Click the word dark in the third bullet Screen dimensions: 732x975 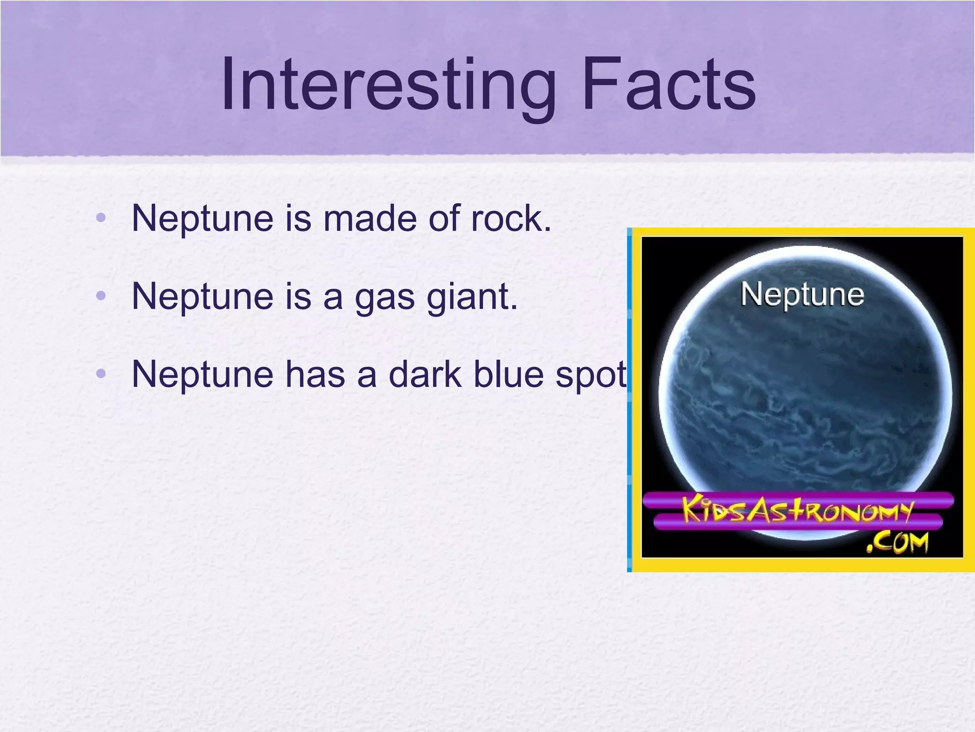tap(425, 375)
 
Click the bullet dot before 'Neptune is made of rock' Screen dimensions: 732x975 tap(100, 218)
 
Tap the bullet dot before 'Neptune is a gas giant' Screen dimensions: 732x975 tap(100, 296)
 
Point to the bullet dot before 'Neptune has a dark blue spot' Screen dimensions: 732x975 tap(100, 374)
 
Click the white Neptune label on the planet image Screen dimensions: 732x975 tap(802, 295)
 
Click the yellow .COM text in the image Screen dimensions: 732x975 tap(897, 542)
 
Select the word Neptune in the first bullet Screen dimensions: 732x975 tap(202, 219)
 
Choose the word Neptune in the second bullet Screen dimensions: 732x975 tap(202, 297)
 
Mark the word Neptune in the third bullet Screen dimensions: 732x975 tap(202, 375)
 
